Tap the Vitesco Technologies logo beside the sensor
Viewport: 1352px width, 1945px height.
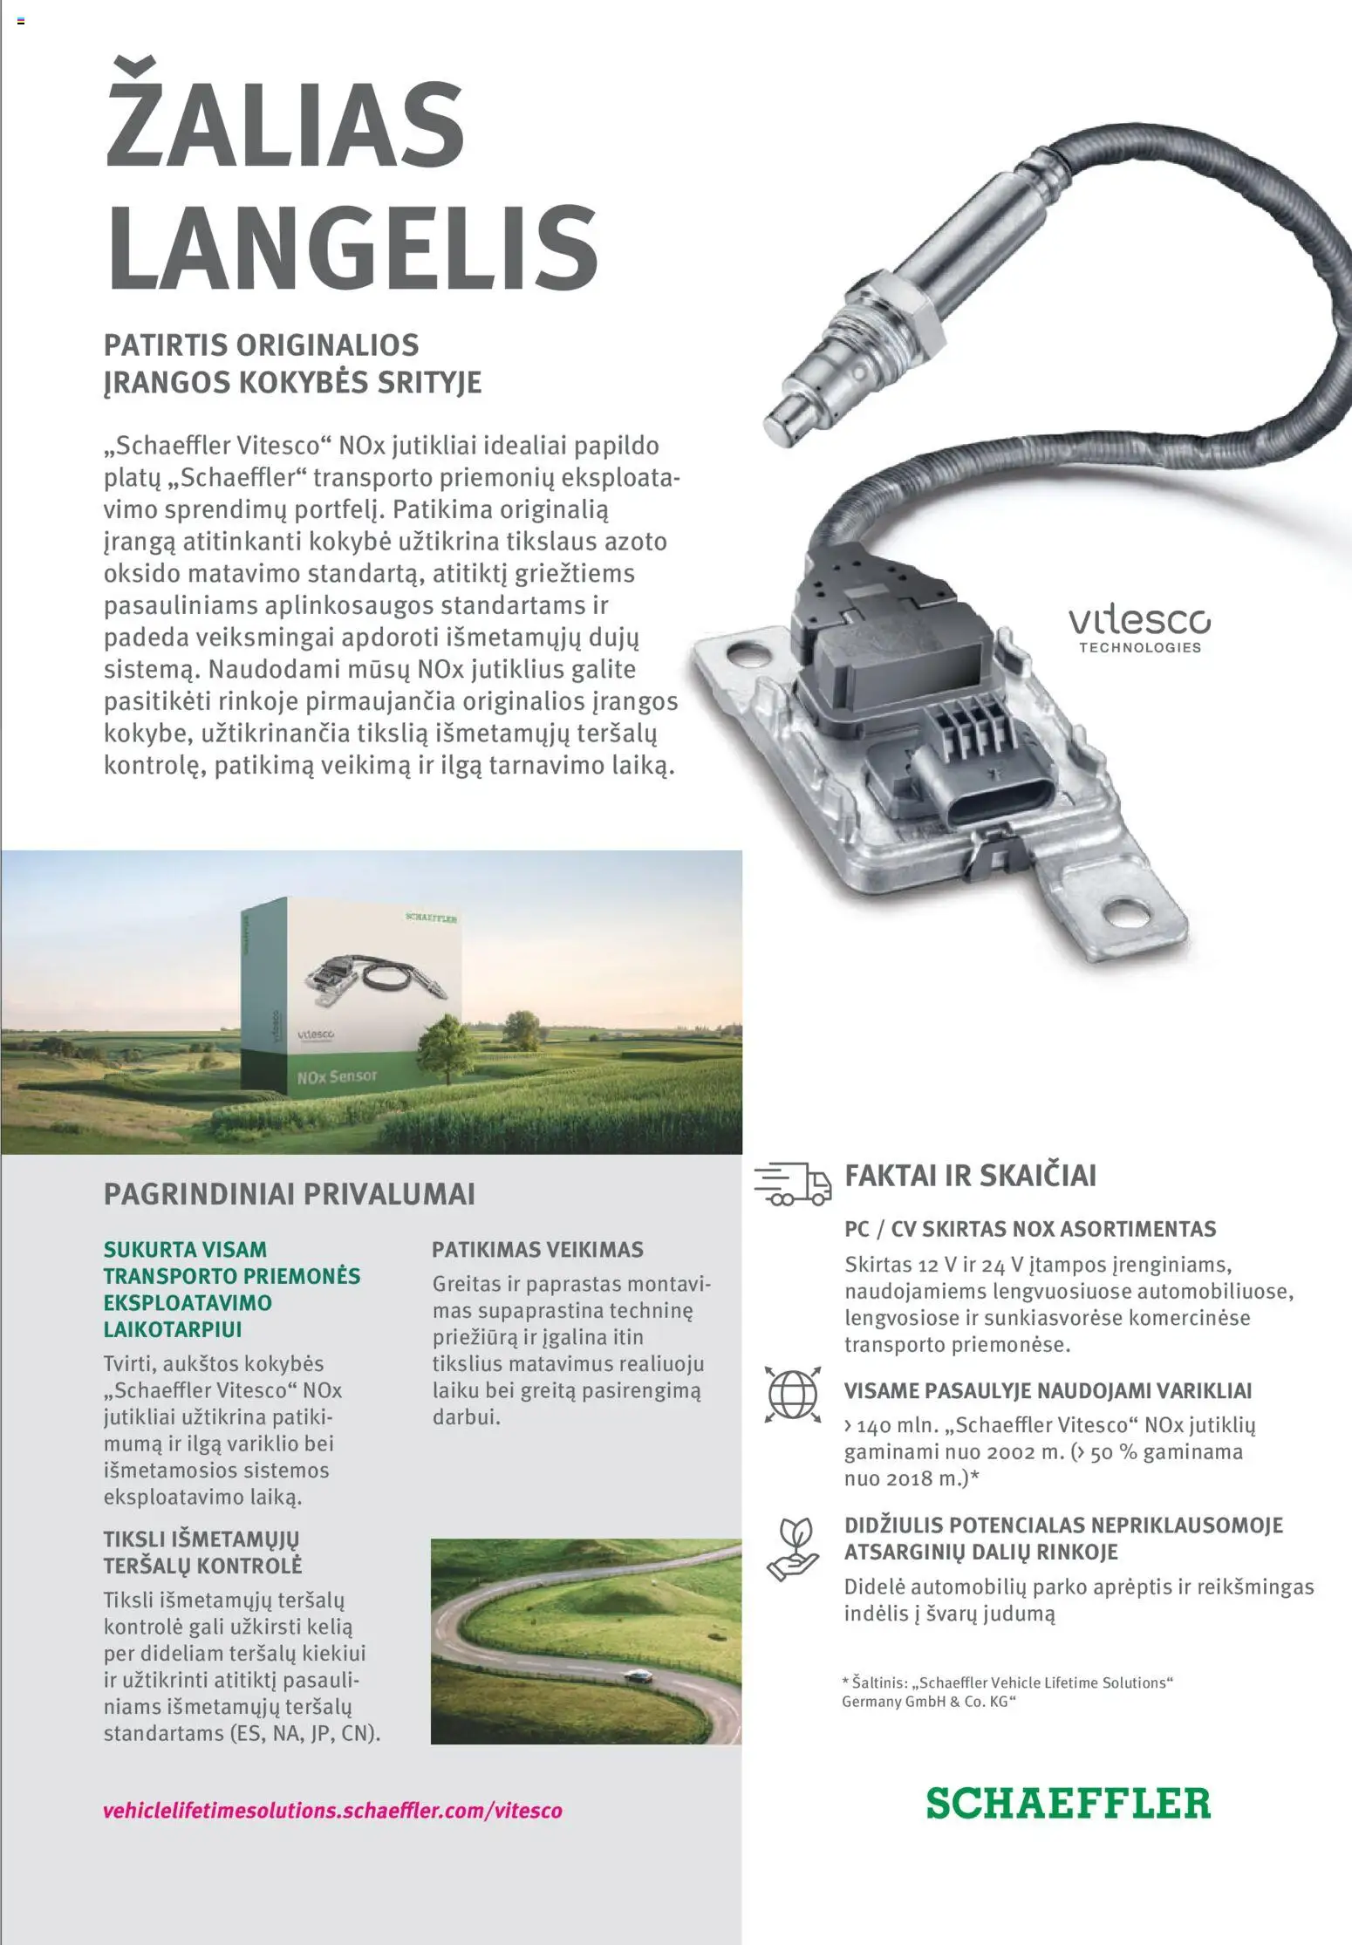tap(1139, 630)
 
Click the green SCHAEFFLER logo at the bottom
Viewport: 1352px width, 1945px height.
tap(1068, 1804)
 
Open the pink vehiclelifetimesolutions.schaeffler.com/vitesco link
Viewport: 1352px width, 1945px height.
tap(332, 1810)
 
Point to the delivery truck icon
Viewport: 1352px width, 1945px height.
tap(792, 1184)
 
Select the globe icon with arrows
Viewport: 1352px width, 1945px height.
tap(792, 1394)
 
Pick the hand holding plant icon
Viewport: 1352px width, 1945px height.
tap(792, 1549)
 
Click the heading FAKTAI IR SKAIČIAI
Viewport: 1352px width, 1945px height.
tap(970, 1176)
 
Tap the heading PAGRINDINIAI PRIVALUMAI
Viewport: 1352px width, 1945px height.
tap(289, 1194)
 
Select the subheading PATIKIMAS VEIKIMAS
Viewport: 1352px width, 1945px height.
tap(537, 1250)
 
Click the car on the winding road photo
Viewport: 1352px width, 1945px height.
tap(638, 1676)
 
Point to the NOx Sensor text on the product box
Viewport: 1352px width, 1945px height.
tap(337, 1077)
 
